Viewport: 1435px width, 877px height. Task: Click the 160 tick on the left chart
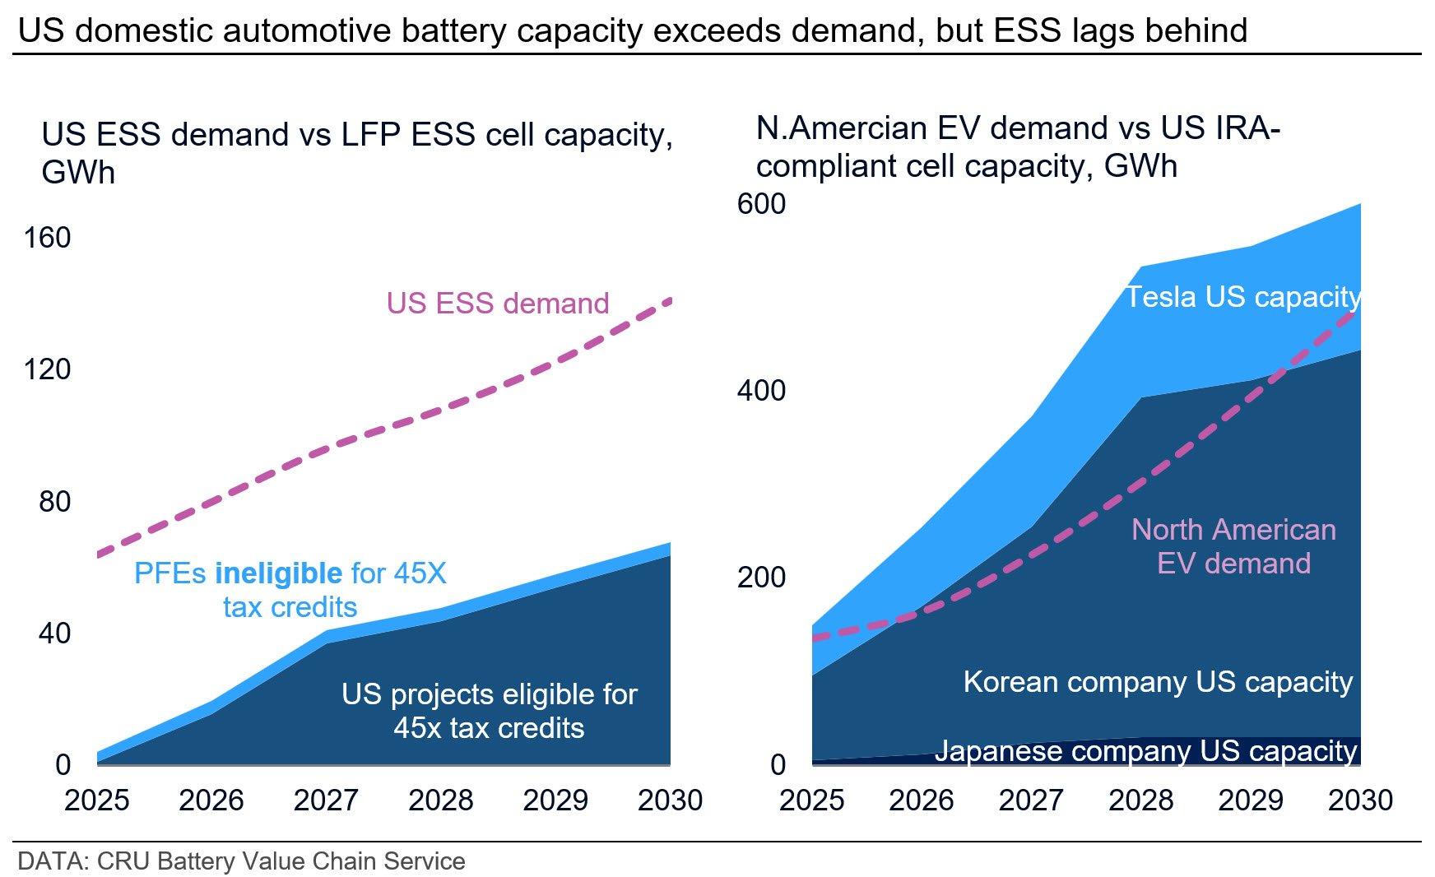(47, 238)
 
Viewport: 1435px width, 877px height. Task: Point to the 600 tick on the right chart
(761, 204)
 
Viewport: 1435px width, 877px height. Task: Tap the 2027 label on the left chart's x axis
(326, 800)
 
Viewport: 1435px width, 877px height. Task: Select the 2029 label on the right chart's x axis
(1250, 800)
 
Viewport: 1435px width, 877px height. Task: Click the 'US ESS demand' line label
(498, 304)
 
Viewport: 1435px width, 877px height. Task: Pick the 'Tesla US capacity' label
(1242, 297)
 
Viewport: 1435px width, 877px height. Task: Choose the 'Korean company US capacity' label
(1158, 682)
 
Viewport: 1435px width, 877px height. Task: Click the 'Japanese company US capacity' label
(1145, 751)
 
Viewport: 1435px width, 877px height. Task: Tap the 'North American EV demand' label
(1233, 546)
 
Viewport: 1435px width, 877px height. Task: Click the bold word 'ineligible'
(278, 573)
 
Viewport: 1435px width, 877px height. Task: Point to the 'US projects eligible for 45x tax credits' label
(489, 711)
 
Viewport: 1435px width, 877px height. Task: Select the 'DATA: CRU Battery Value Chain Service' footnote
(241, 861)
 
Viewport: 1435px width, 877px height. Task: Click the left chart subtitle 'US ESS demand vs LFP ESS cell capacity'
(357, 136)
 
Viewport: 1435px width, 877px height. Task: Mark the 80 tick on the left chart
(54, 502)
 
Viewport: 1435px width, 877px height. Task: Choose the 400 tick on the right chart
(761, 391)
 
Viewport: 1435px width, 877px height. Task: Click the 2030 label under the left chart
(670, 800)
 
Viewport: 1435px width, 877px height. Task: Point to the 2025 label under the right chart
(811, 800)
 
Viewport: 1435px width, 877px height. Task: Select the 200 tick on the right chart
(761, 578)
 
